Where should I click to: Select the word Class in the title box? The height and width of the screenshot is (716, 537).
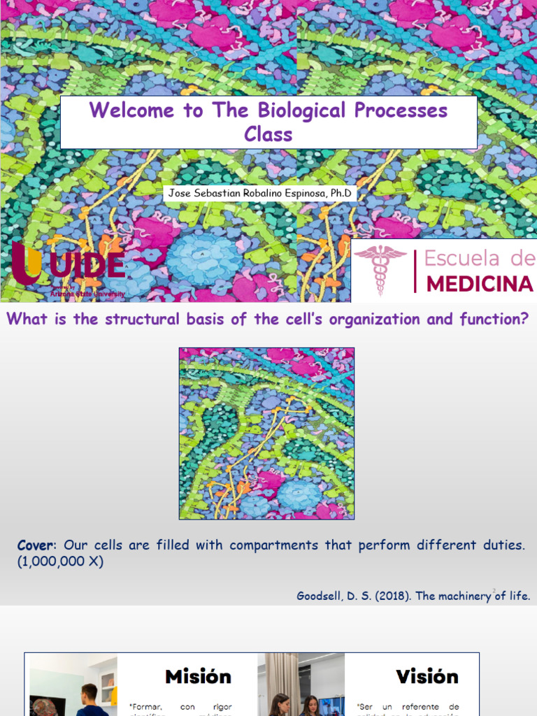(x=268, y=134)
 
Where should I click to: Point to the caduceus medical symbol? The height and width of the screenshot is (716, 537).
(x=380, y=269)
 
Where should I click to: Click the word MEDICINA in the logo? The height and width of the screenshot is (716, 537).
(x=480, y=283)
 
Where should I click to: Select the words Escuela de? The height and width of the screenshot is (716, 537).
(x=480, y=258)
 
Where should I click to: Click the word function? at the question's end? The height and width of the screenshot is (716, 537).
(x=494, y=320)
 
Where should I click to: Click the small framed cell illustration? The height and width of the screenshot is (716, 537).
(x=266, y=434)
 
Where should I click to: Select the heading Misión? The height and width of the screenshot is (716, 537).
(x=198, y=677)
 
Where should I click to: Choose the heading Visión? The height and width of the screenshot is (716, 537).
(x=427, y=677)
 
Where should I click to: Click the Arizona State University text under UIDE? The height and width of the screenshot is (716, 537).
(x=87, y=294)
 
